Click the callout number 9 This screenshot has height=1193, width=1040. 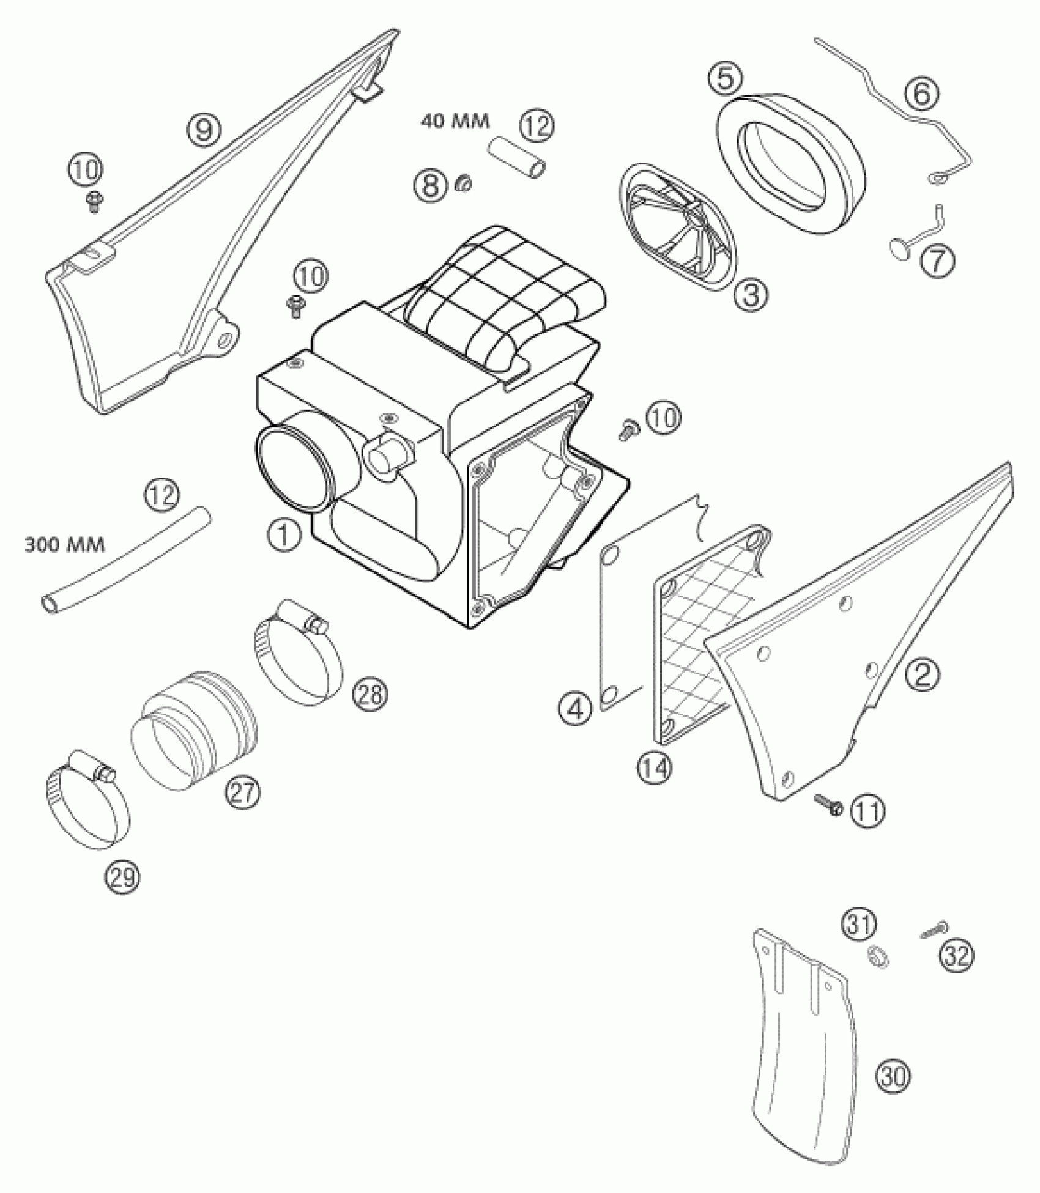pos(204,128)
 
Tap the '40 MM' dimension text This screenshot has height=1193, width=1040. pos(455,121)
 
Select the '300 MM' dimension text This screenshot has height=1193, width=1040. pos(64,544)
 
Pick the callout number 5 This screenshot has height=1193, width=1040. pos(726,79)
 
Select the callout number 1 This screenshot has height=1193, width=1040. pos(283,537)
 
